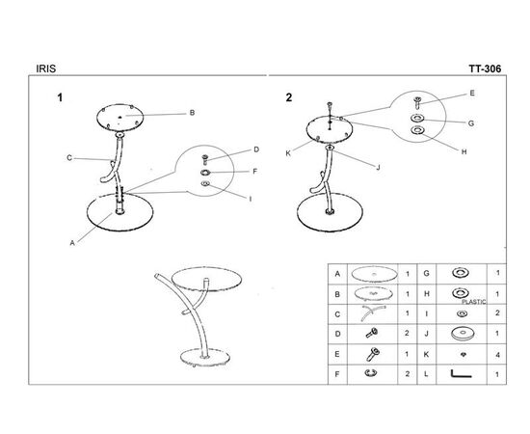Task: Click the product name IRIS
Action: pos(46,68)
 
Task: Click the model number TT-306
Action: pos(485,68)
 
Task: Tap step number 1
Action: pos(60,97)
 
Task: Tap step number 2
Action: pos(289,97)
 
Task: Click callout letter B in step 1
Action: pos(192,113)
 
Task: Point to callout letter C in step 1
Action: pos(69,157)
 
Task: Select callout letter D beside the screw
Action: pos(256,149)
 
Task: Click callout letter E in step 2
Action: pos(472,93)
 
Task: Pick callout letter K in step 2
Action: pos(288,153)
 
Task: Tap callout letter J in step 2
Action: pos(379,167)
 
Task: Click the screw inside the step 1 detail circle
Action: pos(204,160)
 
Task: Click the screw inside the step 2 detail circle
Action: pos(417,102)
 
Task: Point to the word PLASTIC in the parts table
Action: pos(474,302)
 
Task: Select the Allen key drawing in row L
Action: pos(461,374)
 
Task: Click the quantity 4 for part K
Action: pos(497,355)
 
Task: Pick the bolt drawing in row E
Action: pos(373,354)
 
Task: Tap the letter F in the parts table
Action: pos(336,374)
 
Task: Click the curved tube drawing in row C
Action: pos(373,312)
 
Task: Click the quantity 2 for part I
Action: pos(497,312)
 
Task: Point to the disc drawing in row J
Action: pos(463,333)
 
